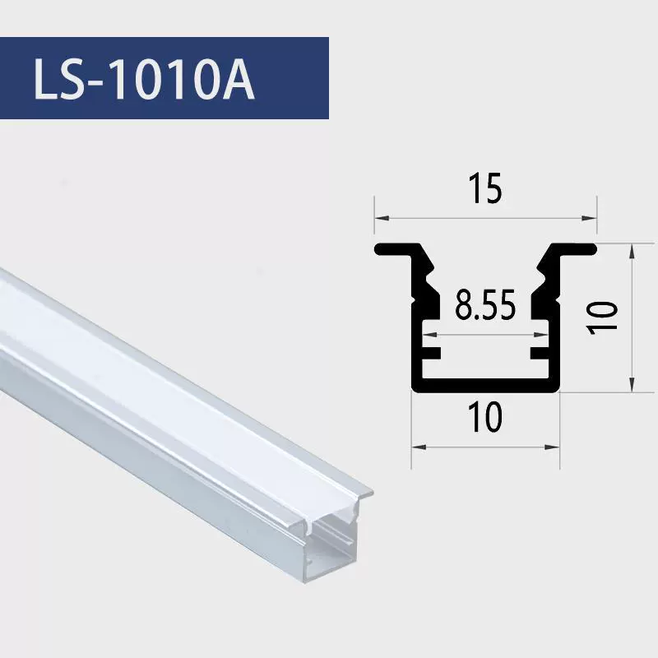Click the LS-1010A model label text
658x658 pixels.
click(144, 79)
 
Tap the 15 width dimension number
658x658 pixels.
click(485, 188)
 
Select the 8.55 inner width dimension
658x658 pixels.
click(485, 305)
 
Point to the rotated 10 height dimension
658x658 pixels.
click(603, 317)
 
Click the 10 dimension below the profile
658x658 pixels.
click(486, 417)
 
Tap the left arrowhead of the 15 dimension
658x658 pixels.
click(381, 218)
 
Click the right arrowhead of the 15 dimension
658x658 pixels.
click(590, 218)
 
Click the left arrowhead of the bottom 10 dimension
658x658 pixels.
click(418, 447)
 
